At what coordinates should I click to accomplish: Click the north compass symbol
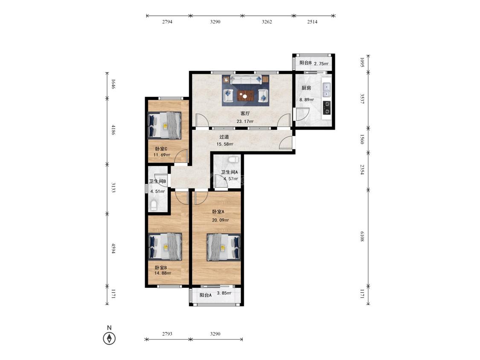(x=109, y=338)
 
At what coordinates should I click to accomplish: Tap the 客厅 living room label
(x=245, y=113)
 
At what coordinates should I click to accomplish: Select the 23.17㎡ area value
(x=245, y=121)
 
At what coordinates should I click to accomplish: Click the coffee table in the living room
(x=245, y=96)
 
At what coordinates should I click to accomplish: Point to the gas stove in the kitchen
(x=327, y=107)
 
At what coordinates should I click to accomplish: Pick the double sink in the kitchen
(x=327, y=89)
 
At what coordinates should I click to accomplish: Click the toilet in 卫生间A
(x=233, y=159)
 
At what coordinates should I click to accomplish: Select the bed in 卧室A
(x=224, y=247)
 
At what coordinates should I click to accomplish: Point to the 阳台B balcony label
(x=305, y=63)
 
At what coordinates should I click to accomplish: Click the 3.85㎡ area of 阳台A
(x=224, y=293)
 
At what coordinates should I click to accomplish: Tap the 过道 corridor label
(x=224, y=137)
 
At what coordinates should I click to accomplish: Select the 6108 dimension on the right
(x=362, y=236)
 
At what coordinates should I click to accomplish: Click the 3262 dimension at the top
(x=267, y=22)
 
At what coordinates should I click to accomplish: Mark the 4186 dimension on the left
(x=113, y=130)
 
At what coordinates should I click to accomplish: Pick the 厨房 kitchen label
(x=306, y=88)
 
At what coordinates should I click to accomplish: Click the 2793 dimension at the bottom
(x=167, y=334)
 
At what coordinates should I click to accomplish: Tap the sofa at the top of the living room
(x=245, y=80)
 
